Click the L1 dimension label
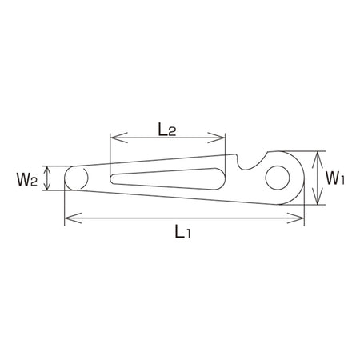(x=182, y=231)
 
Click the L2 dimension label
(x=167, y=130)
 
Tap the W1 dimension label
(x=335, y=178)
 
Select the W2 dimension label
(x=26, y=179)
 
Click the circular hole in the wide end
(x=278, y=178)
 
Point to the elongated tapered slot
(x=168, y=179)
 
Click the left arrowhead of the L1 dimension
(x=73, y=218)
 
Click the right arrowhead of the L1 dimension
(x=295, y=218)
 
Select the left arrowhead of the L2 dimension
(x=119, y=138)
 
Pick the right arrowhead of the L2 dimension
(x=217, y=138)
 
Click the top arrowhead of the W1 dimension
(x=317, y=159)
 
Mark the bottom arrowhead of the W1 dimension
(x=317, y=197)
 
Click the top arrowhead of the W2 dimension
(x=47, y=170)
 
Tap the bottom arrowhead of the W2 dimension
(x=47, y=186)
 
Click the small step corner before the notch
(x=236, y=154)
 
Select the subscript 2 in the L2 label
(x=172, y=133)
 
